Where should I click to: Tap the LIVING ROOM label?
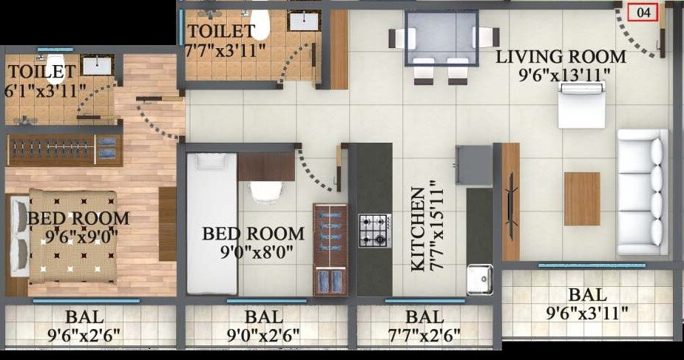click(x=561, y=56)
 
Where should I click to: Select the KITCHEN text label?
click(x=418, y=230)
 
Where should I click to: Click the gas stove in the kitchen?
click(x=374, y=231)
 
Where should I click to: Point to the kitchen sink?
click(x=478, y=279)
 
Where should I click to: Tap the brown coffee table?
click(x=582, y=197)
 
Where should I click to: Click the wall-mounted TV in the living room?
click(x=509, y=200)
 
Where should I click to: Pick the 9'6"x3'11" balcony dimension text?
click(x=587, y=313)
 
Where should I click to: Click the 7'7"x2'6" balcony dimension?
click(x=424, y=336)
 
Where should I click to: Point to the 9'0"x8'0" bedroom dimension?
click(x=253, y=252)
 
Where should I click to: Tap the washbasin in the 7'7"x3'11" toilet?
click(x=304, y=21)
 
